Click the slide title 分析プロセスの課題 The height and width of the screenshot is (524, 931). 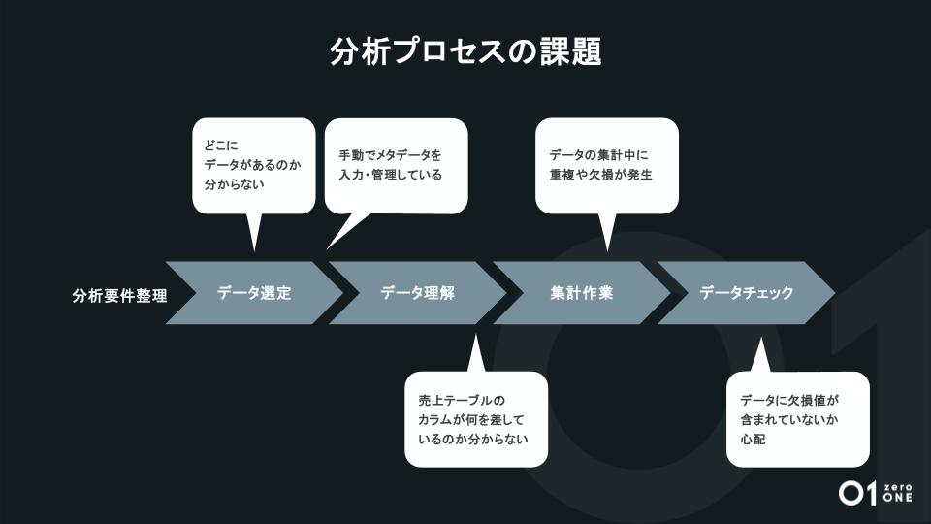pyautogui.click(x=465, y=51)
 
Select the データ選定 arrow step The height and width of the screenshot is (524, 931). pyautogui.click(x=254, y=292)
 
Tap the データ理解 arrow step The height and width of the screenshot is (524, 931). pyautogui.click(x=418, y=292)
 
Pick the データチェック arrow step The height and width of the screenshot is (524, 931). pyautogui.click(x=746, y=292)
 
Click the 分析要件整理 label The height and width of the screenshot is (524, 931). pyautogui.click(x=119, y=295)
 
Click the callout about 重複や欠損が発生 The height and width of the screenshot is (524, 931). pyautogui.click(x=606, y=165)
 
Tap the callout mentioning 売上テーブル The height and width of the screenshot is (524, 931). pyautogui.click(x=476, y=419)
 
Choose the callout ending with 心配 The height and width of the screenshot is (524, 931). pyautogui.click(x=797, y=419)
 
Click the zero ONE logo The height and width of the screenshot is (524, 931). pyautogui.click(x=875, y=492)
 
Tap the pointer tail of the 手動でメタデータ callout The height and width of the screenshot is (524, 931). pyautogui.click(x=339, y=233)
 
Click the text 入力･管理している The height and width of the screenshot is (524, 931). pyautogui.click(x=390, y=176)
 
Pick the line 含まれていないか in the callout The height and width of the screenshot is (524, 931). pyautogui.click(x=788, y=419)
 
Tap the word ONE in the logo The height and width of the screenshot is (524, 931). pyautogui.click(x=898, y=498)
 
